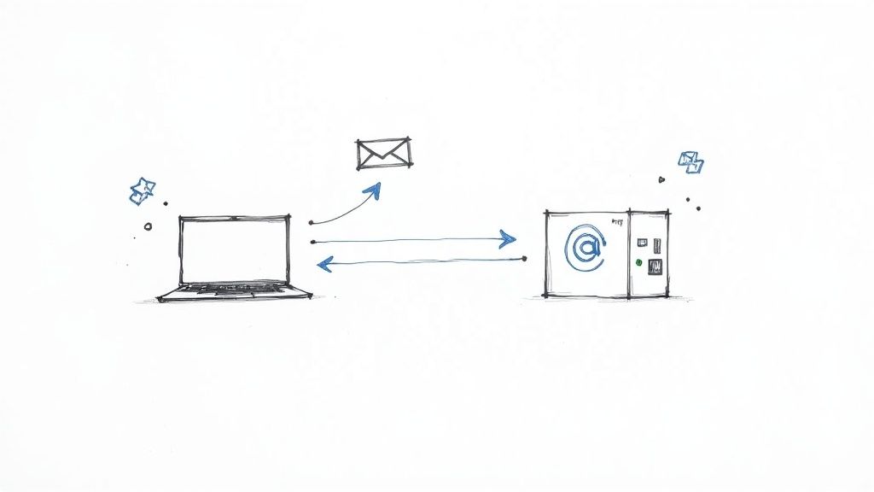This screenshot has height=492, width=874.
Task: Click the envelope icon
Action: point(382,153)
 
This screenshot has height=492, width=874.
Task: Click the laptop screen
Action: point(234,249)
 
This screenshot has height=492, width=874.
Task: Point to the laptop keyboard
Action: point(234,290)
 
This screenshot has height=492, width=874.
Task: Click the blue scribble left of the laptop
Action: point(142,190)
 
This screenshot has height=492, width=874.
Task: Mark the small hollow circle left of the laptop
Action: point(148,226)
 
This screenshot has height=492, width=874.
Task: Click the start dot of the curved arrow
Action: point(312,222)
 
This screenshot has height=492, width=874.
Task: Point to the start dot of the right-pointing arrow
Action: point(314,243)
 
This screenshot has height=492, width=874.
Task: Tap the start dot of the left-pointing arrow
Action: point(524,257)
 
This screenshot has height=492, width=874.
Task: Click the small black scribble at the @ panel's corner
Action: point(616,222)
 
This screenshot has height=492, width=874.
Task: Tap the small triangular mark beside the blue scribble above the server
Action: point(661,180)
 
